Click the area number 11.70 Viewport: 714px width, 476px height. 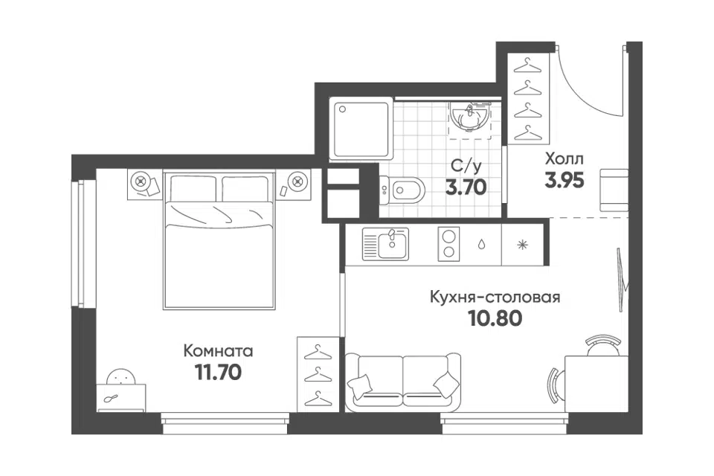pyautogui.click(x=218, y=373)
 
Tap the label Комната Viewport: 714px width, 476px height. pyautogui.click(x=218, y=351)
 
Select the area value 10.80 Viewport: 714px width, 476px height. pyautogui.click(x=495, y=319)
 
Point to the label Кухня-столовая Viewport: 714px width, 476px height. pyautogui.click(x=495, y=297)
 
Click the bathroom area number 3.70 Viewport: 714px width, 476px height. pyautogui.click(x=466, y=187)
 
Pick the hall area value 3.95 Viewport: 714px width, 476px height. pyautogui.click(x=565, y=181)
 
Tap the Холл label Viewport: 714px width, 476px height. pyautogui.click(x=564, y=159)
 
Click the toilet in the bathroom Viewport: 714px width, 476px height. pyautogui.click(x=402, y=189)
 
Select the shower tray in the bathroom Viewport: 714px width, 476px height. pyautogui.click(x=361, y=129)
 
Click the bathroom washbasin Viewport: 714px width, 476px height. pyautogui.click(x=470, y=115)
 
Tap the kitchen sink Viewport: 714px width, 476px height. pyautogui.click(x=386, y=244)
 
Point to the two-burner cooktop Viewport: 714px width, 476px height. pyautogui.click(x=448, y=244)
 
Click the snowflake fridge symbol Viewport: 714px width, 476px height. pyautogui.click(x=522, y=245)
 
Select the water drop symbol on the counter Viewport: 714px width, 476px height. pyautogui.click(x=481, y=245)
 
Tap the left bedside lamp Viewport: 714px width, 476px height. pyautogui.click(x=141, y=181)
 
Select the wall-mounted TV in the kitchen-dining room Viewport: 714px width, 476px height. pyautogui.click(x=623, y=280)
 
